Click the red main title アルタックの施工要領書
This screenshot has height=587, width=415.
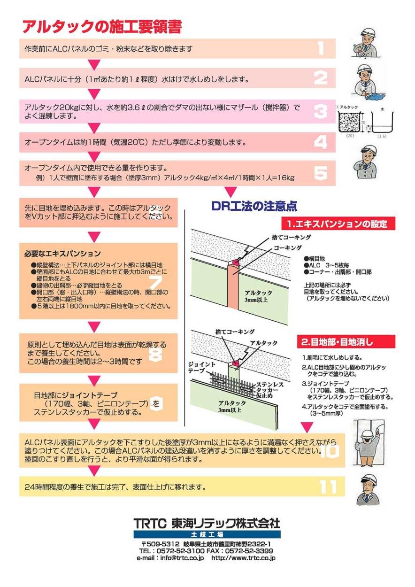click(102, 27)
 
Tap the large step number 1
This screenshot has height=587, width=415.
click(321, 48)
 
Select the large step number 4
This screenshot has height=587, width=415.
click(321, 142)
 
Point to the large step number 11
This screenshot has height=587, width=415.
click(329, 487)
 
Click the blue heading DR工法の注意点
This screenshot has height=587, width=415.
click(254, 206)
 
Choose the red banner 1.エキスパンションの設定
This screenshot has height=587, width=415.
click(338, 224)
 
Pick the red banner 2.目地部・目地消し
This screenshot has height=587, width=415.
click(346, 342)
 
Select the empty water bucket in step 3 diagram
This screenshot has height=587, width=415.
click(383, 123)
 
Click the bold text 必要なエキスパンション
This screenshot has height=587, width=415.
click(62, 254)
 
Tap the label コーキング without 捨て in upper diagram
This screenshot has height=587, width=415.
click(287, 247)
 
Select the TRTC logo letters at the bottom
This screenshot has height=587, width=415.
click(150, 524)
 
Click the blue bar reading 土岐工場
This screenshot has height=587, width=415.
click(207, 534)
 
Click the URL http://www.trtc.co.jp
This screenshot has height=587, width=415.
click(243, 558)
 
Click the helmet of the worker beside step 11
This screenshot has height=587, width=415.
click(369, 478)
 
